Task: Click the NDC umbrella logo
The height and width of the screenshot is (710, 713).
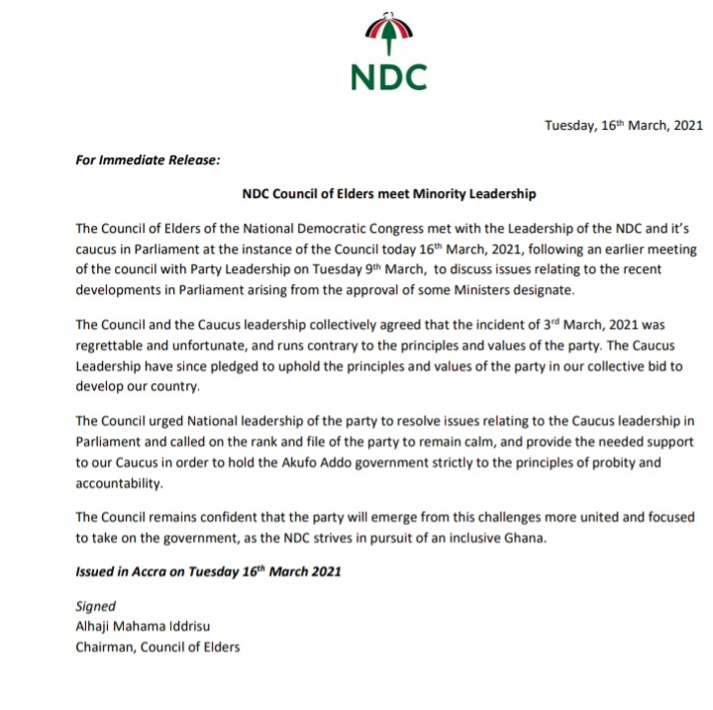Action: pos(388,36)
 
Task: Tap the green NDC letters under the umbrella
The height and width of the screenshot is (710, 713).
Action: pos(388,77)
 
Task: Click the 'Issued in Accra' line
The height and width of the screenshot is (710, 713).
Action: pos(210,572)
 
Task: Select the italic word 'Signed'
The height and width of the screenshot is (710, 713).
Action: pos(95,606)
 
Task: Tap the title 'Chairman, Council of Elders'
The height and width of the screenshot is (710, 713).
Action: pos(157,648)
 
